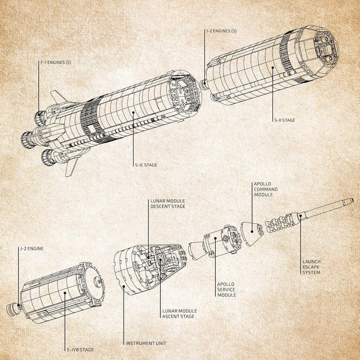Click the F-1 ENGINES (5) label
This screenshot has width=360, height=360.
[56, 62]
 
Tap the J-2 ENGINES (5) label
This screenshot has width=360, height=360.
[221, 31]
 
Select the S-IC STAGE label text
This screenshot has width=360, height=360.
[146, 165]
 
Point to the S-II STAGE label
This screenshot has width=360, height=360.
[284, 120]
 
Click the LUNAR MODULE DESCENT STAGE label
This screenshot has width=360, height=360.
[168, 204]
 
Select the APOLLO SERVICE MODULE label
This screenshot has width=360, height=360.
[226, 289]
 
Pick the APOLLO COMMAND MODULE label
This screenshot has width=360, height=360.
[265, 189]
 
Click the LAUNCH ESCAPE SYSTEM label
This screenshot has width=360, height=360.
[311, 267]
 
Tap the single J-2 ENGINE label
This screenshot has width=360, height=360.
[32, 249]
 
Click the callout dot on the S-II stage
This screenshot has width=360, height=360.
[273, 67]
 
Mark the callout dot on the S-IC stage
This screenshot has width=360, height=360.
[133, 112]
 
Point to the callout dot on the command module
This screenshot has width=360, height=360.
[252, 232]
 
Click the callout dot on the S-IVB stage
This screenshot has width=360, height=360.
[65, 293]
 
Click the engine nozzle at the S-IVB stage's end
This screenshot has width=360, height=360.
[13, 310]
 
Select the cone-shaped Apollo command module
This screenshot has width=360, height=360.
[252, 233]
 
